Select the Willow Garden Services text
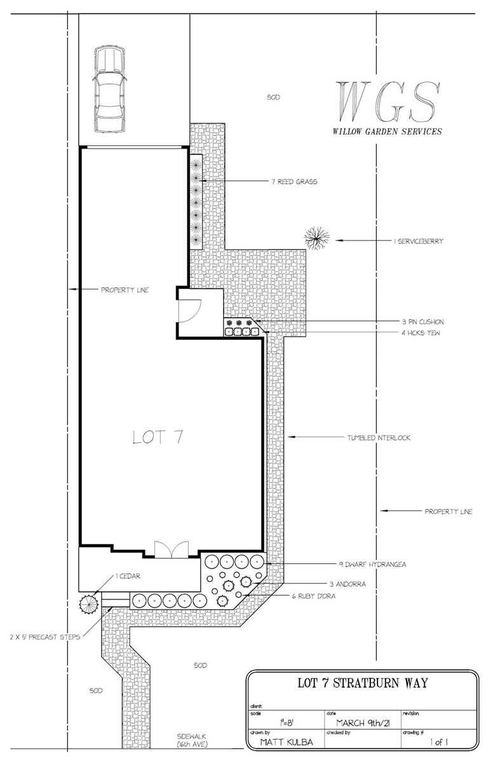click(x=388, y=132)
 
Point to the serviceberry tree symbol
click(x=316, y=239)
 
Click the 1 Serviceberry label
click(x=418, y=241)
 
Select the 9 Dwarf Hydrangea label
click(x=373, y=563)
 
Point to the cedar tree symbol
click(x=88, y=603)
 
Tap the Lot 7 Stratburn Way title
click(x=363, y=684)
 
